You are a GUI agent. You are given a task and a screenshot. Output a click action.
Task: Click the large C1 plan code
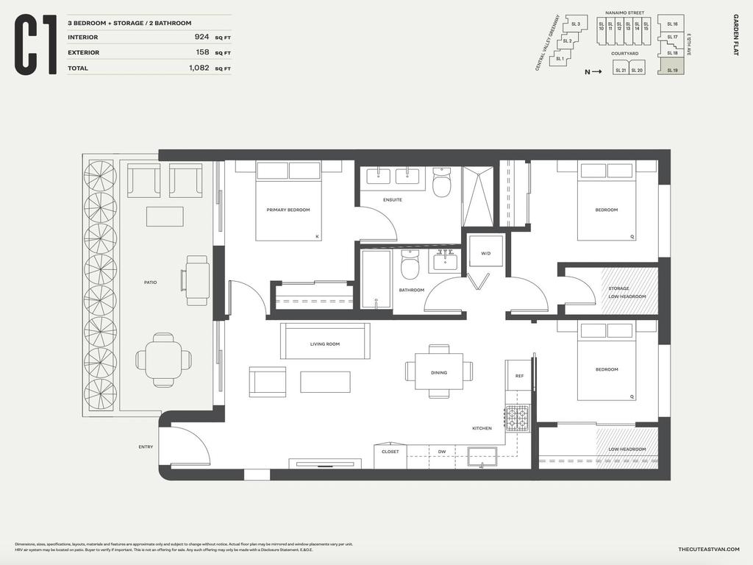36,46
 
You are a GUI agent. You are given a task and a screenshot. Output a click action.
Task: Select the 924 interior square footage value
201,37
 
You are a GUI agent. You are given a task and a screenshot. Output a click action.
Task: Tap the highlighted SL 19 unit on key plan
671,68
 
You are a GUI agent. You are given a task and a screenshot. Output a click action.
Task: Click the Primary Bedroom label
288,210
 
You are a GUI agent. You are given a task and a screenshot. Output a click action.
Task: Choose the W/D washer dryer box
485,254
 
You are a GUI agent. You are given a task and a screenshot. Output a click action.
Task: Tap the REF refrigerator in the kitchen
519,375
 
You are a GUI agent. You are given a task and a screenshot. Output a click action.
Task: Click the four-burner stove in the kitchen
517,419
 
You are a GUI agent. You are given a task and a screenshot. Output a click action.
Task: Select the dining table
439,372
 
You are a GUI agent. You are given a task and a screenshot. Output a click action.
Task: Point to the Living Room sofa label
324,344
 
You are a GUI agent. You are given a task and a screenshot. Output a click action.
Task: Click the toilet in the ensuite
442,184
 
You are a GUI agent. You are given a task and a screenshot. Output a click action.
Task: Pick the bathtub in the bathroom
376,279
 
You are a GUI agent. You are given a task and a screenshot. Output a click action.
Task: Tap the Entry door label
146,447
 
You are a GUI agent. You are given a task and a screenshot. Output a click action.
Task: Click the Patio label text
150,282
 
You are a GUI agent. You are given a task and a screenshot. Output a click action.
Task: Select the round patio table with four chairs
163,360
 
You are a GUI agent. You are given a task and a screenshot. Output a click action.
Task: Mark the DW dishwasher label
441,452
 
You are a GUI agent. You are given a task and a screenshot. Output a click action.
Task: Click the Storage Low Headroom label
627,292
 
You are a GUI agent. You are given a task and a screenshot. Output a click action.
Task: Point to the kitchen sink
482,456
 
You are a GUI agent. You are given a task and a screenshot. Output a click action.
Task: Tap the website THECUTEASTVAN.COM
708,550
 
